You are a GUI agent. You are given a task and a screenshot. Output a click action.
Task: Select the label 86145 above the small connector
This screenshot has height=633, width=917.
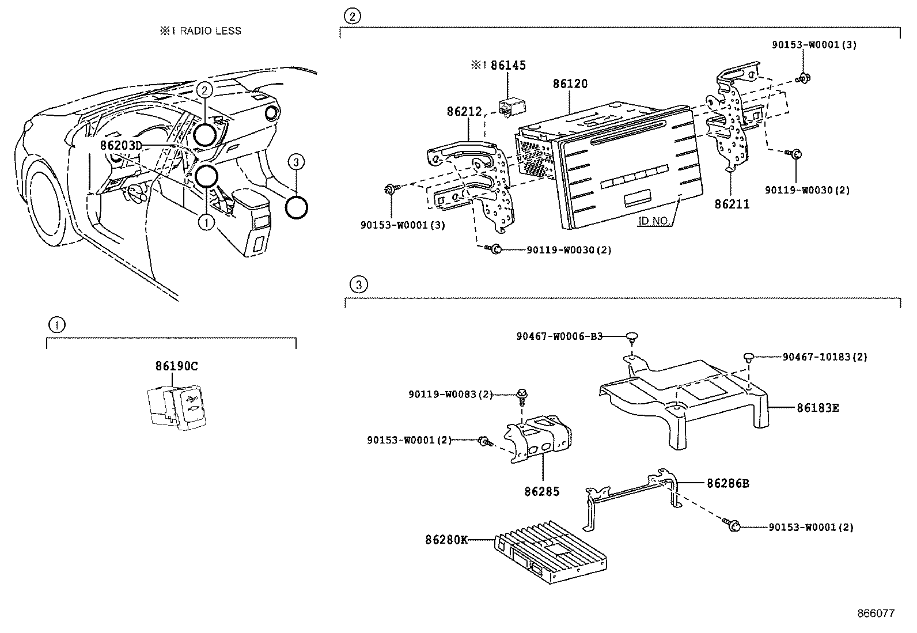click(508, 65)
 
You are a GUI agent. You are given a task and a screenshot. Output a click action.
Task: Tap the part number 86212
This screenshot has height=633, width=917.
click(464, 111)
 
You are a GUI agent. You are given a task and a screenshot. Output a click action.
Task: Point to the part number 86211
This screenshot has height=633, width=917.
click(732, 203)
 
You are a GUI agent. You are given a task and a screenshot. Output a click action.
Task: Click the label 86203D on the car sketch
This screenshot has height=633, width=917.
click(121, 146)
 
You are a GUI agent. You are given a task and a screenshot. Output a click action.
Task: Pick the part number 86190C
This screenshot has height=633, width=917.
click(176, 366)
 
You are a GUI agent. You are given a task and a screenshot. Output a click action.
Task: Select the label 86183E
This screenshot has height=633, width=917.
click(817, 408)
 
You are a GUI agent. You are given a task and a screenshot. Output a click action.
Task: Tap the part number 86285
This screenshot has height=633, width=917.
click(541, 491)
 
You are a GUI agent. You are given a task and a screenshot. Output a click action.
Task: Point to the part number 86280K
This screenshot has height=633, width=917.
click(446, 540)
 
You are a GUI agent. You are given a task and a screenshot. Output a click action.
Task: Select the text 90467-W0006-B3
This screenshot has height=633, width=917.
click(559, 336)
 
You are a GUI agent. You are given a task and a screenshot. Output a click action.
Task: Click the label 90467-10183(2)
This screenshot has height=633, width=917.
click(824, 357)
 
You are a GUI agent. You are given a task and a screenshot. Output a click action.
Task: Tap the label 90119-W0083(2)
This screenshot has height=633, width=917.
click(451, 394)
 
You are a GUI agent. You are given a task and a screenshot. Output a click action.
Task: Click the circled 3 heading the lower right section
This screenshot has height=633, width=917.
click(358, 284)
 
